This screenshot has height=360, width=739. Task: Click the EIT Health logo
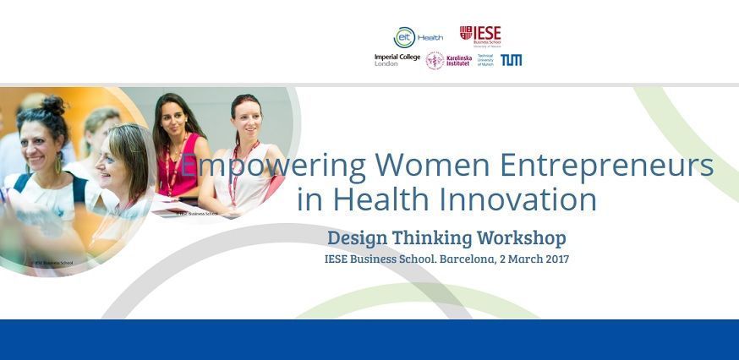(417, 37)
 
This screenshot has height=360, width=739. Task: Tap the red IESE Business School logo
(479, 35)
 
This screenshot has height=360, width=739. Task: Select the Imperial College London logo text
(397, 60)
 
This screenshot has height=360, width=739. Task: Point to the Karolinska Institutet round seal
(435, 60)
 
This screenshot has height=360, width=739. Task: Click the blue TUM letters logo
(511, 60)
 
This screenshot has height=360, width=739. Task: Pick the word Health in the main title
(389, 199)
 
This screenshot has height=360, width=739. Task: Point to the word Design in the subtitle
(359, 237)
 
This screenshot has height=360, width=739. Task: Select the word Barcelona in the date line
(468, 259)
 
